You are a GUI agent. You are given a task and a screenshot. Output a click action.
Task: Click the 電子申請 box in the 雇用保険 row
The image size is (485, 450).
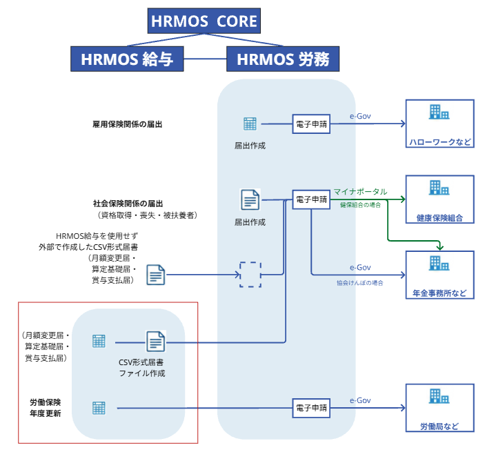(x=310, y=124)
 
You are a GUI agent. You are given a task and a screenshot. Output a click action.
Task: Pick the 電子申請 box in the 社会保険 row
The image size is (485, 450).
(x=310, y=199)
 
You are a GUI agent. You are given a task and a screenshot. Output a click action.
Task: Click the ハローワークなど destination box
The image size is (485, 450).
(x=439, y=124)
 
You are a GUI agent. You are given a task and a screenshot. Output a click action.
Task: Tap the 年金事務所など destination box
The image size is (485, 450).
(x=439, y=275)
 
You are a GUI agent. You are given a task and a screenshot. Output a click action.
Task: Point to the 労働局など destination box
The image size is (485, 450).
(x=439, y=408)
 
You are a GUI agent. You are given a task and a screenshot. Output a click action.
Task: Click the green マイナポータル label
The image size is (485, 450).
(x=360, y=191)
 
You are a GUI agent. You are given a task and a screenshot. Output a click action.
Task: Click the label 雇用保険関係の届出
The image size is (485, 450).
(x=122, y=124)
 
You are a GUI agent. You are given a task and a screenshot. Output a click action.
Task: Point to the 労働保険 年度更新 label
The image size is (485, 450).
(x=46, y=408)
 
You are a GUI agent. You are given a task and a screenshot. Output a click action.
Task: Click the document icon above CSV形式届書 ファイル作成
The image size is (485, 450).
(x=155, y=342)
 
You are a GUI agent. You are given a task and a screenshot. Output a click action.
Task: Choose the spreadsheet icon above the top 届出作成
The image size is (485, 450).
(x=250, y=124)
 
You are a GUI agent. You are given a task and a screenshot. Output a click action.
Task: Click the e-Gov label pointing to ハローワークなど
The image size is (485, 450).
(x=360, y=116)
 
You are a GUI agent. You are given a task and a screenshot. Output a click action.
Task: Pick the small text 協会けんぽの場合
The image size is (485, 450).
(x=360, y=282)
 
